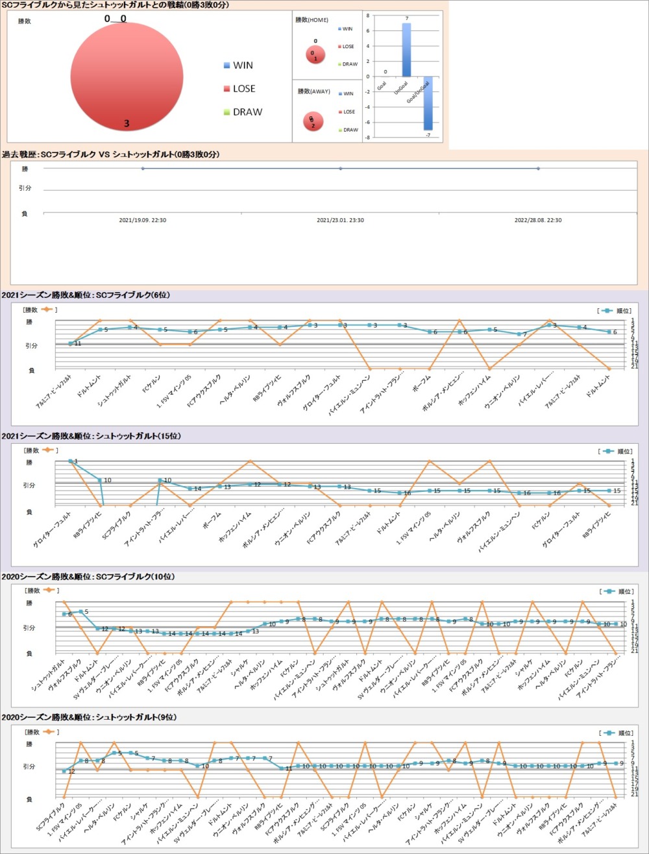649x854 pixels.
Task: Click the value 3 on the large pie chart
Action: pos(127,123)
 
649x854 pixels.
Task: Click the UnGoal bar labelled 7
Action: pos(406,50)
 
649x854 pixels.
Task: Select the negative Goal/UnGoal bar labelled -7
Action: pos(428,103)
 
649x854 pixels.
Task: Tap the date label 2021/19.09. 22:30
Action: pos(143,220)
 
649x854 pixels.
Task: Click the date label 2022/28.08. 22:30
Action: pos(538,220)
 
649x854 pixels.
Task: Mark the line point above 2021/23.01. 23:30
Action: pos(340,169)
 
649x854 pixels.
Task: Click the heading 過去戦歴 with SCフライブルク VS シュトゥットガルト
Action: pos(110,154)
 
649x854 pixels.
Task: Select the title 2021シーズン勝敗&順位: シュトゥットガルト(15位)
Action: pos(91,436)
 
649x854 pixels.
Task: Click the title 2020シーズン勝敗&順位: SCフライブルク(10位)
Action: pos(88,576)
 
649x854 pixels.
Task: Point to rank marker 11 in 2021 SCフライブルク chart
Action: pos(70,343)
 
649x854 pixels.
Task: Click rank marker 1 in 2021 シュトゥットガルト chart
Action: pos(70,461)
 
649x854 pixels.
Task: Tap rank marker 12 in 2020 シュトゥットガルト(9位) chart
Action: pos(64,772)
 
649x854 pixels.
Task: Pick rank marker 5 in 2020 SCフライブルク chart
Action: pos(80,611)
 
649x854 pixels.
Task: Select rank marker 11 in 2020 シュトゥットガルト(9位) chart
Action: pos(281,768)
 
